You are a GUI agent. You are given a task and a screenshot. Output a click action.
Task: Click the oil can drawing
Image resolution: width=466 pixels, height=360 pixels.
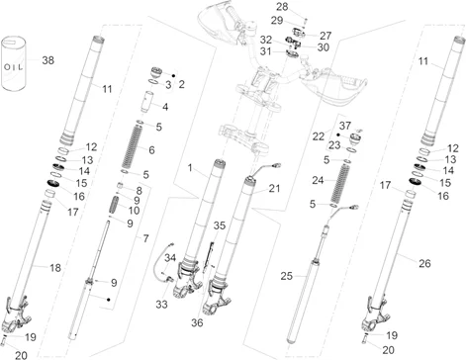coord(13,63)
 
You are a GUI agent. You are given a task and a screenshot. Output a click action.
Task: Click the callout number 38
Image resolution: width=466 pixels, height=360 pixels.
coord(48,60)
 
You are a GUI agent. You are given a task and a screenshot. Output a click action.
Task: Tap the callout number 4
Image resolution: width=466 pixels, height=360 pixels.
coord(165,107)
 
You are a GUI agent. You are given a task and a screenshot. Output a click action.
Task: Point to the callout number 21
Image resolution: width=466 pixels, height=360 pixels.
coord(274,189)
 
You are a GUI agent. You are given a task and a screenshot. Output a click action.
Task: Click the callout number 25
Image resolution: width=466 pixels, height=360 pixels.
coord(286,276)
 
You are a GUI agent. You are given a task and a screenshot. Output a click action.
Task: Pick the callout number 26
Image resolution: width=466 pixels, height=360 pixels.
coord(424,263)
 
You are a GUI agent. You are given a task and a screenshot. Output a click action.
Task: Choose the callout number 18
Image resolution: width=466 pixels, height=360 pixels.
coord(55,268)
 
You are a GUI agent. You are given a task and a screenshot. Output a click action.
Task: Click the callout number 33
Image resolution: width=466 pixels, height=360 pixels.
coord(161,305)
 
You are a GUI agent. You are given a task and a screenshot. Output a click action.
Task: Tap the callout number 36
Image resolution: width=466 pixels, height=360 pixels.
coord(197,322)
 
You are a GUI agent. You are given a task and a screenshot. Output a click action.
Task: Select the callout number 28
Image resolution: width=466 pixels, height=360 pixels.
coord(282,7)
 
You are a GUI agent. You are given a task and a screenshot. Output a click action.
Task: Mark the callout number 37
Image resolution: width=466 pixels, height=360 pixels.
coord(345,126)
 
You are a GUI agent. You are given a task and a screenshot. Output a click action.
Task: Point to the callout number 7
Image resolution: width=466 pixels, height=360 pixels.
coord(145,238)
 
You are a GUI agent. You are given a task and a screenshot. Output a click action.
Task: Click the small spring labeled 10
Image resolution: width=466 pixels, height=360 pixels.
coord(115,206)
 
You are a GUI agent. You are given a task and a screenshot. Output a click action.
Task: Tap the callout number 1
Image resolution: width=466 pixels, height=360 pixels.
coord(190,168)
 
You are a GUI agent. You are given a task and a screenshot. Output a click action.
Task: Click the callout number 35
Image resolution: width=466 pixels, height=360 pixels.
coord(220,225)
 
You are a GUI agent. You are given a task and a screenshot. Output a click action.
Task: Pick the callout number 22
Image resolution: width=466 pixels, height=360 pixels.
coord(319,136)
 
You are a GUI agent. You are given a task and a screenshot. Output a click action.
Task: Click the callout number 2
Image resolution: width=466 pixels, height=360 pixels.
coord(181,84)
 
